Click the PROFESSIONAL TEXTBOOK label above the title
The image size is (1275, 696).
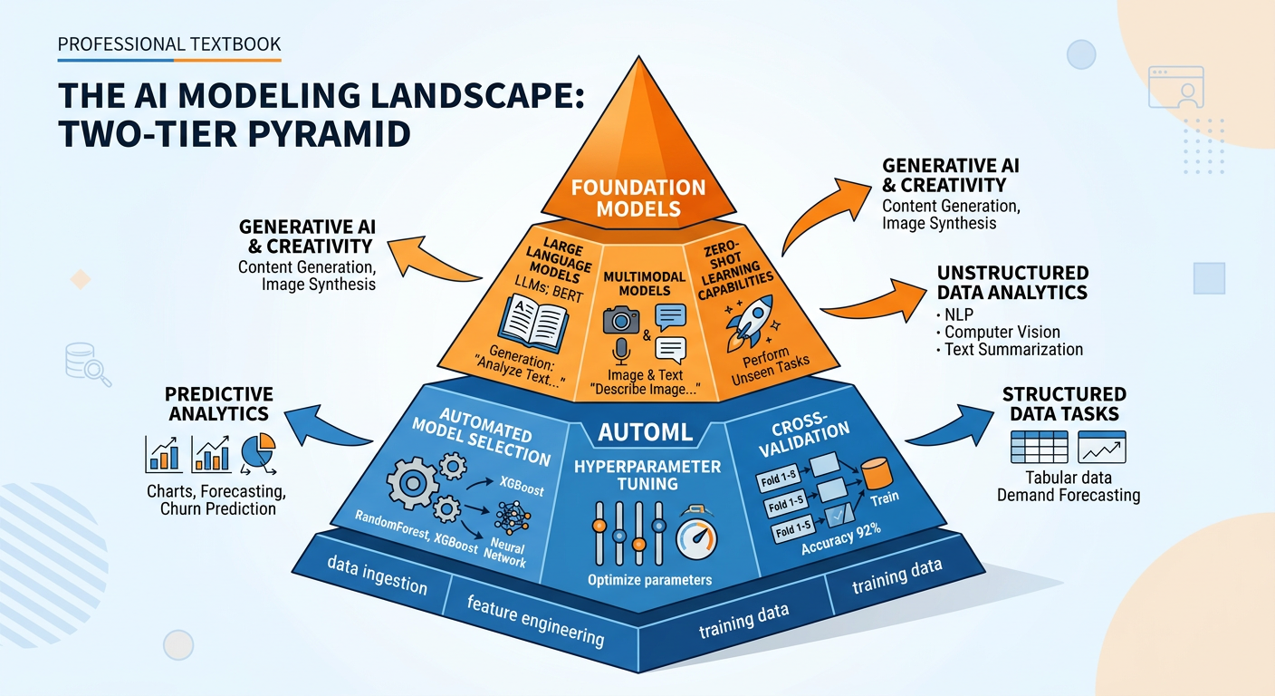pyautogui.click(x=168, y=43)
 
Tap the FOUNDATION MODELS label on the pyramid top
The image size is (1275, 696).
pyautogui.click(x=637, y=198)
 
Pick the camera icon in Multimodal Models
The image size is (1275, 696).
pyautogui.click(x=620, y=319)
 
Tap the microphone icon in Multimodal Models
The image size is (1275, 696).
pyautogui.click(x=620, y=352)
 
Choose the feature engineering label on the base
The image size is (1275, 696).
pyautogui.click(x=535, y=621)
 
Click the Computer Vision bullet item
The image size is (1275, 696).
pyautogui.click(x=1002, y=332)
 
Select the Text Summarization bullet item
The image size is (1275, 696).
pyautogui.click(x=1013, y=349)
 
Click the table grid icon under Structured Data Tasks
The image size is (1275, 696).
pyautogui.click(x=1038, y=448)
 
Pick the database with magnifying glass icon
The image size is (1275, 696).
pyautogui.click(x=87, y=364)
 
